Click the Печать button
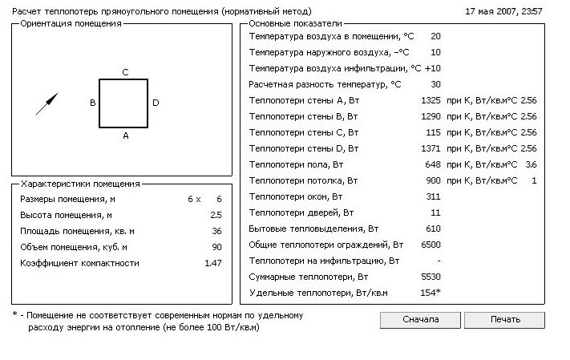point(504,319)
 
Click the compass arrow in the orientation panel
point(47,103)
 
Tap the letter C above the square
point(125,72)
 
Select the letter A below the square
point(126,136)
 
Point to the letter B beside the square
point(93,103)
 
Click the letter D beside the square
point(156,103)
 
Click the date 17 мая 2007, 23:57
point(503,12)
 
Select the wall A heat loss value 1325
point(431,100)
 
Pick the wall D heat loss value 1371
point(431,148)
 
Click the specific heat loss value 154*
point(431,293)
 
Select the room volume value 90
point(216,247)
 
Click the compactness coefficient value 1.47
point(213,263)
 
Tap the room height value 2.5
point(216,215)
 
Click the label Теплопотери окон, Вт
point(295,196)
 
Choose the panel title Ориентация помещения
point(71,23)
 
